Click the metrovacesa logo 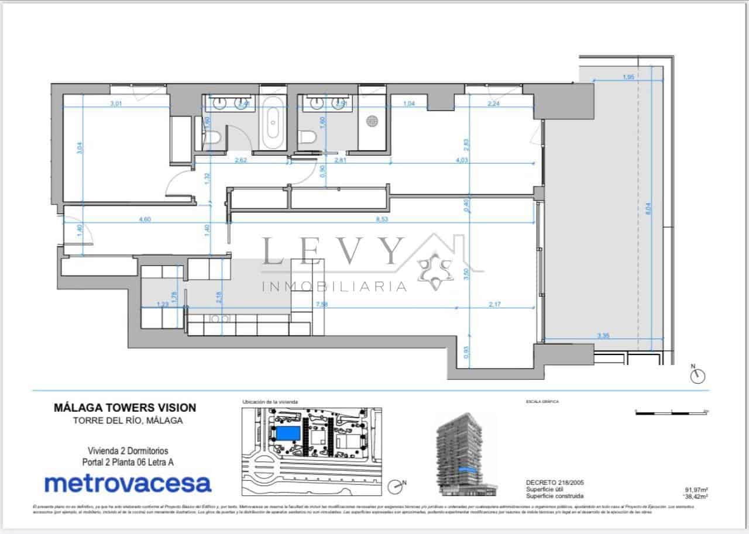click(x=128, y=484)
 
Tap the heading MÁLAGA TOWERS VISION click(x=125, y=408)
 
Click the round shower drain click(x=373, y=121)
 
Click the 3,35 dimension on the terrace click(x=604, y=336)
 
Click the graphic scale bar click(x=672, y=413)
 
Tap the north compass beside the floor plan click(x=696, y=375)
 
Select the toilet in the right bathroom click(x=308, y=138)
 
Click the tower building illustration click(x=462, y=453)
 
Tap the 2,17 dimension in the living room click(x=499, y=304)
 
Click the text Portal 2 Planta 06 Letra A click(x=128, y=462)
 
